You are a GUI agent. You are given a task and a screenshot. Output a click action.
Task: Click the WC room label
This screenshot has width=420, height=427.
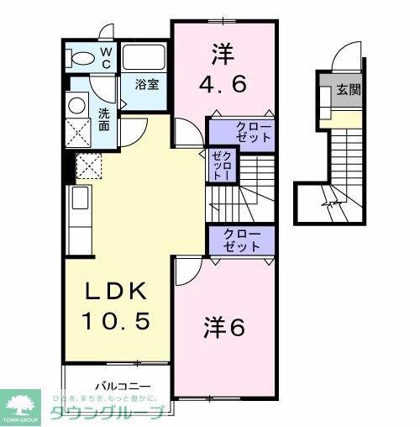click(107, 58)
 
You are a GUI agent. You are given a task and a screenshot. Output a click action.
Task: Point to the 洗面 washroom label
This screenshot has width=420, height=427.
click(103, 119)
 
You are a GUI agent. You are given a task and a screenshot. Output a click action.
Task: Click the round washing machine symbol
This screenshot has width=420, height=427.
click(77, 105)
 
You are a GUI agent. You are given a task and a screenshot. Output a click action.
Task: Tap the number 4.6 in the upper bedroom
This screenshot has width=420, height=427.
click(222, 84)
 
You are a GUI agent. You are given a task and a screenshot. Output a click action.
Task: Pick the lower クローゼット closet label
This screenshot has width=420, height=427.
click(243, 240)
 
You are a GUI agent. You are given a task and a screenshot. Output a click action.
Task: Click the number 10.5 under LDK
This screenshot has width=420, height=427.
click(116, 322)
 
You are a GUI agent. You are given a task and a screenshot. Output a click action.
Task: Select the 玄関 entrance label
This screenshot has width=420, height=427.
click(349, 90)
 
